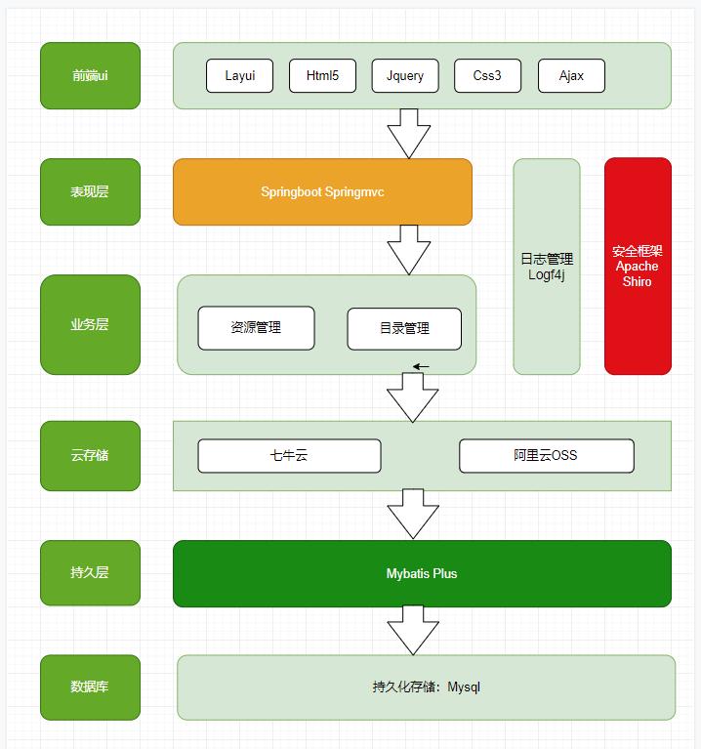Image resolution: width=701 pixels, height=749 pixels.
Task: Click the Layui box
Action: tap(239, 76)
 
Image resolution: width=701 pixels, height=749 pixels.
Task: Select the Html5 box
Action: tap(322, 76)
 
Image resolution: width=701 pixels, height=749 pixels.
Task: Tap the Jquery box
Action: tap(404, 76)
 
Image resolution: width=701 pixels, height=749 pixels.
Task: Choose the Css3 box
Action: tap(487, 76)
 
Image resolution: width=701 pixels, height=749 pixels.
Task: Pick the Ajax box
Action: tap(571, 76)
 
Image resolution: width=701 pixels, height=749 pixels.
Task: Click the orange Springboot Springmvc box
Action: tap(322, 192)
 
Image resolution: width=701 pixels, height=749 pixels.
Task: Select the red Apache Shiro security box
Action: tap(638, 266)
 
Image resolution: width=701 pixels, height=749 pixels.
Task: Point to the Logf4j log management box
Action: tap(547, 266)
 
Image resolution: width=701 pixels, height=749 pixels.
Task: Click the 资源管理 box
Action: tap(256, 328)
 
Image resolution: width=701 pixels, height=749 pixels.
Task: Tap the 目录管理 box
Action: tap(404, 328)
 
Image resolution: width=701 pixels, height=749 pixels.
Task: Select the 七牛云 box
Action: tap(289, 455)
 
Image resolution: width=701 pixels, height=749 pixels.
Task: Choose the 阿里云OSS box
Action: tap(546, 455)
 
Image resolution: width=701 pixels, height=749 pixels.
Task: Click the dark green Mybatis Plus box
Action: tap(422, 573)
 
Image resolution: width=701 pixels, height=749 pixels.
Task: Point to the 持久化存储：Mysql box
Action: tap(426, 687)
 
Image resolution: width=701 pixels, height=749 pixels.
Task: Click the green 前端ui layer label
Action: tap(90, 75)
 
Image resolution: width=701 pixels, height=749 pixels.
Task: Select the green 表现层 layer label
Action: tap(90, 192)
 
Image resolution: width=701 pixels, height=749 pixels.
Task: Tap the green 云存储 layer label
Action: tap(90, 455)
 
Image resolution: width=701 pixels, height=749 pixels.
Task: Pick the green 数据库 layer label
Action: tap(90, 687)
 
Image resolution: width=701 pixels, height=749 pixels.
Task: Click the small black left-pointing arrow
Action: tap(421, 367)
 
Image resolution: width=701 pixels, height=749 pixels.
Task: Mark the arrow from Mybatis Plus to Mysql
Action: tap(409, 630)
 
